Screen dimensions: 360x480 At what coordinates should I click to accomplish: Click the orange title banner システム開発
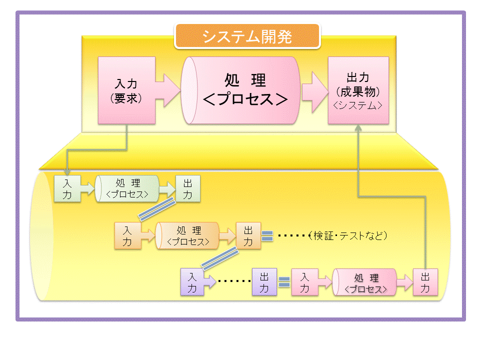click(246, 36)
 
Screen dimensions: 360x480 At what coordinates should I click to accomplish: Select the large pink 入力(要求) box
click(126, 90)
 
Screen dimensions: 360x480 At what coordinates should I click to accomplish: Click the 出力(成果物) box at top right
click(358, 90)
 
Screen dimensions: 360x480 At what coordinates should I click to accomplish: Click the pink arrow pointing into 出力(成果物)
click(314, 90)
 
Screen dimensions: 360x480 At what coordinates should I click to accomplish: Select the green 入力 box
click(66, 188)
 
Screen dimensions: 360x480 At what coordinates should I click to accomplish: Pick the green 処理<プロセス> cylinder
click(127, 188)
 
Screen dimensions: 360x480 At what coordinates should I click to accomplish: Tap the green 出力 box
click(187, 188)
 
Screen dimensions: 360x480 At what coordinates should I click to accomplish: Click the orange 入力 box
click(127, 235)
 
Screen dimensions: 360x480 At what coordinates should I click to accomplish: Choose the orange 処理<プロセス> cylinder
click(188, 235)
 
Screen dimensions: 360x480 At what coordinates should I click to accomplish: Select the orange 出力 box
click(248, 235)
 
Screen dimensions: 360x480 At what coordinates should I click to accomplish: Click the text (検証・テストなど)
click(349, 235)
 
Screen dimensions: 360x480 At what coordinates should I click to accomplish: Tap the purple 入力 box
click(192, 282)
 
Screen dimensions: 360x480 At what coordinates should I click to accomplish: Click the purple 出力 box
click(264, 282)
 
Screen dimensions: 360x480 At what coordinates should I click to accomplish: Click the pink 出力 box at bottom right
click(425, 282)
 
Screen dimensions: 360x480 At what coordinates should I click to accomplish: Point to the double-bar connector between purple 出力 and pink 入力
click(284, 282)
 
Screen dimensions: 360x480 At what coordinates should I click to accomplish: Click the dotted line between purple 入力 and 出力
click(234, 281)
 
